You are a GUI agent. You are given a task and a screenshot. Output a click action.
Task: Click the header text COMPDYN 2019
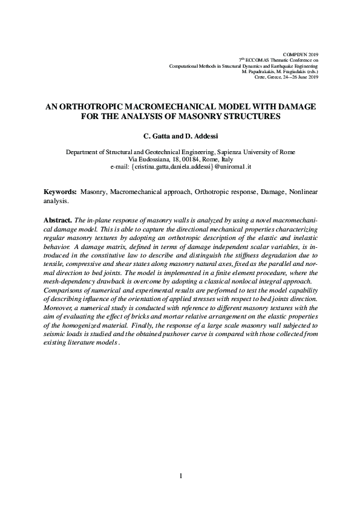click(x=304, y=54)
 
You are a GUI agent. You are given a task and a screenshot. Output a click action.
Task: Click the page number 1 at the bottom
click(x=180, y=476)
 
